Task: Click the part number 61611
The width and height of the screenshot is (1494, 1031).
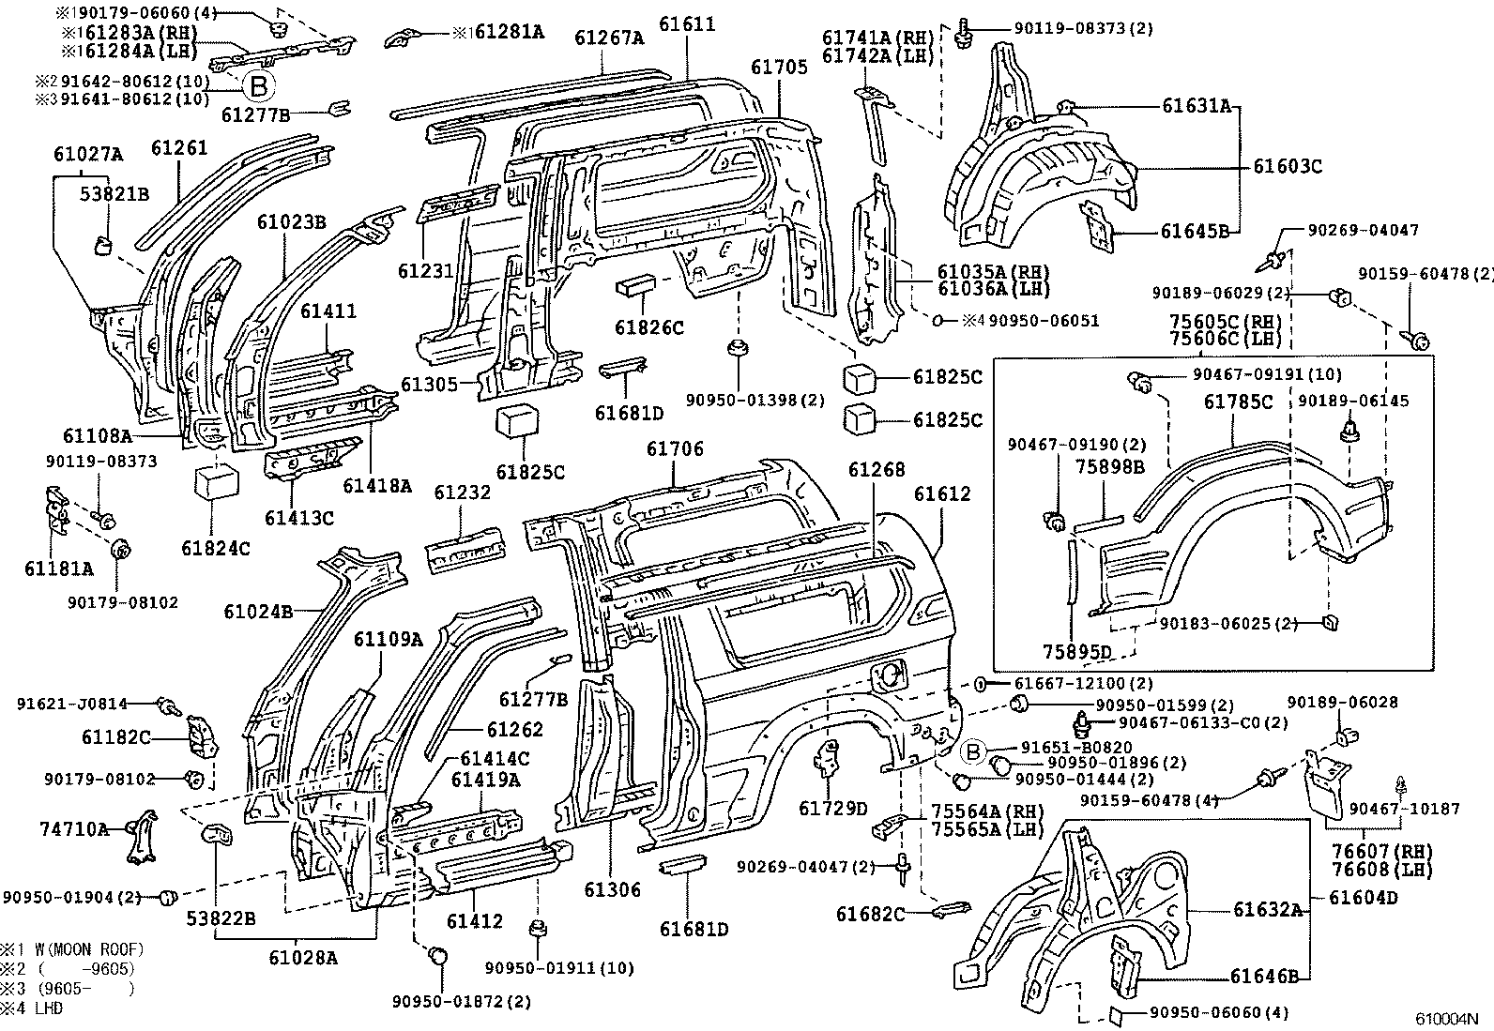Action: pos(686,23)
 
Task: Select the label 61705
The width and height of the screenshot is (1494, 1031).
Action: pos(778,67)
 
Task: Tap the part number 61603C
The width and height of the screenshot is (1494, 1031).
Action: pos(1288,166)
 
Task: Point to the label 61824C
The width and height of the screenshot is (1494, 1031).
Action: pos(216,548)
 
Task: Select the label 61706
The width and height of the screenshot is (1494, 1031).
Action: pos(674,450)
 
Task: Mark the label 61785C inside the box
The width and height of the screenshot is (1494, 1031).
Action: pos(1238,402)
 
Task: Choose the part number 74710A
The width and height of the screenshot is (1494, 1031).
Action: pos(73,828)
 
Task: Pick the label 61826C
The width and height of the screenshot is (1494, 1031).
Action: pos(649,326)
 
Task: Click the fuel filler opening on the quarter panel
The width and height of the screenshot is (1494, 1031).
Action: pos(886,674)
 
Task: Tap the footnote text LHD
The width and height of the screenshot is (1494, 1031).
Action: pos(47,1008)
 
